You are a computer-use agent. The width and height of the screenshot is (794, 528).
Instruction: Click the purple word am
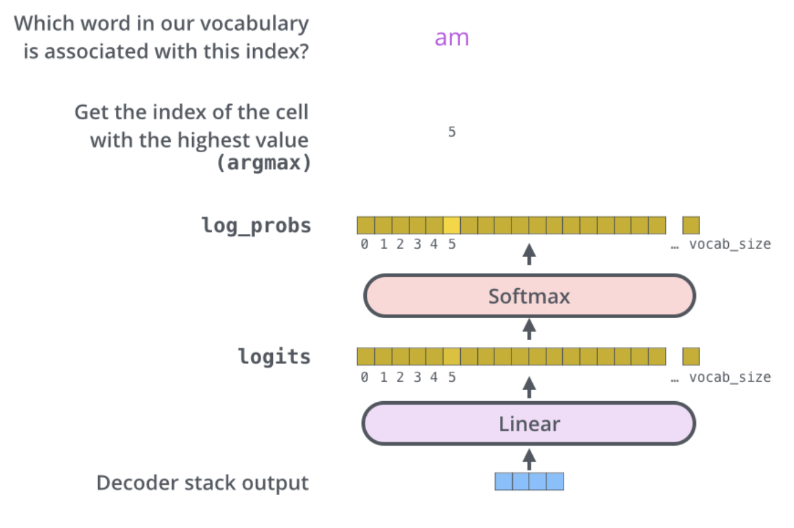(452, 38)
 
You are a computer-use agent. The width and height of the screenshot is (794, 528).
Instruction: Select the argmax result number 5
(452, 132)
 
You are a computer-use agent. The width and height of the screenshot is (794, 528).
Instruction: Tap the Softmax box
(529, 296)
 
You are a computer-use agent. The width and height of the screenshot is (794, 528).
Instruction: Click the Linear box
(529, 424)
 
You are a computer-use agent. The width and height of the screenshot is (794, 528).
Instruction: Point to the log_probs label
(256, 225)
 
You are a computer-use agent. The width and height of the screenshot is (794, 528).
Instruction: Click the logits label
(274, 357)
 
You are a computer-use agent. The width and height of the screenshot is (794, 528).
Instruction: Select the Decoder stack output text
(202, 483)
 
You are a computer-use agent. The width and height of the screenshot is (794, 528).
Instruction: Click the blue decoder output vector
(529, 481)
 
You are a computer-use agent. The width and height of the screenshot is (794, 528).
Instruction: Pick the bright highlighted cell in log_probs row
(452, 225)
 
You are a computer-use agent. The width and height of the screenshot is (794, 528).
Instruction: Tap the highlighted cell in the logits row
(452, 357)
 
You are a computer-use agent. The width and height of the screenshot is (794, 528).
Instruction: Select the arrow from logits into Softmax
(529, 329)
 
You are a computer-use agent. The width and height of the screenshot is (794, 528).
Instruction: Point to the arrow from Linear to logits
(529, 387)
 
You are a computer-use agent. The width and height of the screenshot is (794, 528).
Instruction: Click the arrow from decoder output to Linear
(529, 458)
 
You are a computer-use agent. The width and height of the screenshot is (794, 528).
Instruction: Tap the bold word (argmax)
(263, 164)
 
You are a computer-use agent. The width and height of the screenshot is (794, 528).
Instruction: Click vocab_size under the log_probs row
(730, 244)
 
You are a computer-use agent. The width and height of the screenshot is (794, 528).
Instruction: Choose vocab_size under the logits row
(730, 377)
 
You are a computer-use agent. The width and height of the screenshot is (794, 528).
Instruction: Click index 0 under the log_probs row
(365, 244)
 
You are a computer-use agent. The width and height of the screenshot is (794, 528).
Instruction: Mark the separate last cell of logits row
(691, 357)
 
